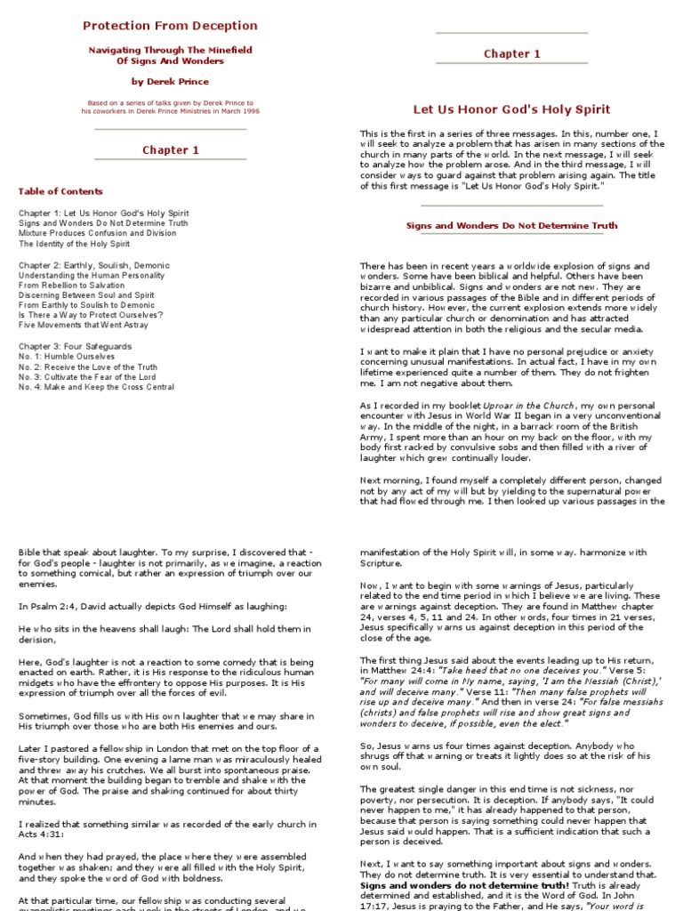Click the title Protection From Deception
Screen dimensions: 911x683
170,26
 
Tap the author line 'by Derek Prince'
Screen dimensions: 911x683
170,80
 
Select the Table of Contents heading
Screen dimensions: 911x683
60,191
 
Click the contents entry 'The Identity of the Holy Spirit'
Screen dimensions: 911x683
74,243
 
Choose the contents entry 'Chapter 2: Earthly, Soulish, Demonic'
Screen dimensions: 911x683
93,265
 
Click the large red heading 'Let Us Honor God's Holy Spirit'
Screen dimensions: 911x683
511,109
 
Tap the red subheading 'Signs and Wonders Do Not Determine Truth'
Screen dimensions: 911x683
511,226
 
